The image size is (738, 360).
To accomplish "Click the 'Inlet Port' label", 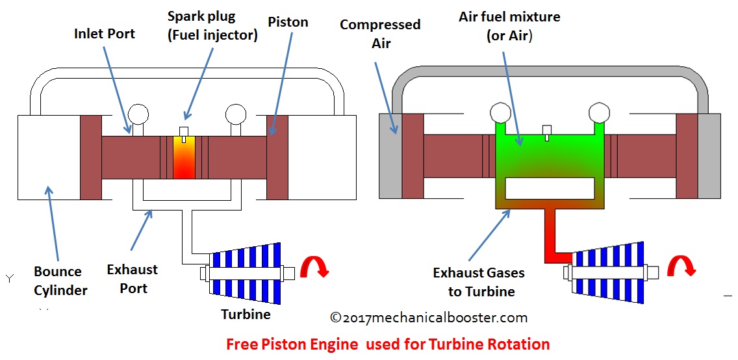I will pyautogui.click(x=105, y=32).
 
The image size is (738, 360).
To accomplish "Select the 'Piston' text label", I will pyautogui.click(x=288, y=22).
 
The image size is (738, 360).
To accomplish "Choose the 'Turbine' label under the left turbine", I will pyautogui.click(x=246, y=315).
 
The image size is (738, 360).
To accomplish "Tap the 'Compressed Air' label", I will pyautogui.click(x=380, y=34).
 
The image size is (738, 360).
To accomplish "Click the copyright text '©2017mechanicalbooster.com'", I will pyautogui.click(x=429, y=318).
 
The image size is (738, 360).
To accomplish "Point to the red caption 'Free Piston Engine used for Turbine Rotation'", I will pyautogui.click(x=388, y=344).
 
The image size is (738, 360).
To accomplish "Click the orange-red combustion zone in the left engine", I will pyautogui.click(x=184, y=158).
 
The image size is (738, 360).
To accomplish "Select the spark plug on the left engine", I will pyautogui.click(x=184, y=133).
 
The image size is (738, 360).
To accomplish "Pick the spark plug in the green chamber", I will pyautogui.click(x=547, y=132).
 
